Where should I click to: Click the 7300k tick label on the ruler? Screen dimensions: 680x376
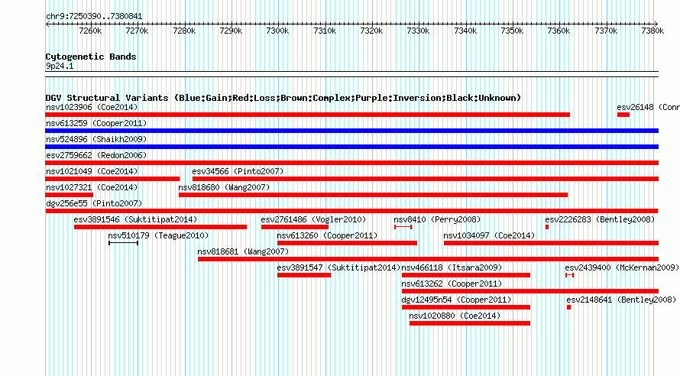[x=277, y=31]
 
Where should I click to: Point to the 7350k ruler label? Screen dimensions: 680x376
[x=512, y=31]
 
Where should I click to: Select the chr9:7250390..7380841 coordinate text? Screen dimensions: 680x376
[x=94, y=17]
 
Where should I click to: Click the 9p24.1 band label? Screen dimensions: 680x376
[x=60, y=66]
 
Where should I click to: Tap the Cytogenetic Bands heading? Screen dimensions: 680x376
[x=91, y=57]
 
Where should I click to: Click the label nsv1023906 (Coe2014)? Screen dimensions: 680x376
[x=92, y=107]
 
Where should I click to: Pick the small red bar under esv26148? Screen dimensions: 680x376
[x=623, y=115]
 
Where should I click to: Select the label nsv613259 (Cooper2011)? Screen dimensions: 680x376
[x=97, y=123]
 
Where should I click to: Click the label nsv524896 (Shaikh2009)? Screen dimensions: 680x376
[x=97, y=139]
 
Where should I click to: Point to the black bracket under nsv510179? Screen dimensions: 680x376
[x=123, y=243]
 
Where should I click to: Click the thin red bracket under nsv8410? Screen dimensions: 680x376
[x=403, y=227]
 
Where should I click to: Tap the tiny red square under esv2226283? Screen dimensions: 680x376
[x=547, y=227]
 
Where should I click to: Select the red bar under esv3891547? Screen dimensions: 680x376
[x=304, y=275]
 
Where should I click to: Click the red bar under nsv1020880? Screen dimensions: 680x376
[x=470, y=323]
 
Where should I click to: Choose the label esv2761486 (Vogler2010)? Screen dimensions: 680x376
[x=313, y=219]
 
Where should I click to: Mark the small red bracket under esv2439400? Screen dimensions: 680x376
[x=569, y=275]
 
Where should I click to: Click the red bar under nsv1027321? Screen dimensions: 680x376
[x=70, y=195]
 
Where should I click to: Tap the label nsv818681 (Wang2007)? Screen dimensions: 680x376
[x=243, y=251]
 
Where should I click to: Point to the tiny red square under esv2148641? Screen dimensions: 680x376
[x=569, y=307]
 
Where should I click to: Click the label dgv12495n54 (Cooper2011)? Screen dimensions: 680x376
[x=457, y=300]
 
